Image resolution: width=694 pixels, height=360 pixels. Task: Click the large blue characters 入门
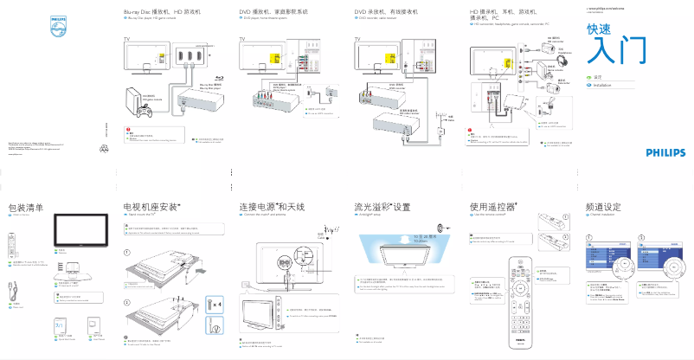(615, 51)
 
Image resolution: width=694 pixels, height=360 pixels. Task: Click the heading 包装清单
(26, 208)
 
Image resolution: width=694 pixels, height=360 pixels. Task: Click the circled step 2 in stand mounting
(127, 302)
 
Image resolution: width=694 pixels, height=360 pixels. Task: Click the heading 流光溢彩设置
(382, 208)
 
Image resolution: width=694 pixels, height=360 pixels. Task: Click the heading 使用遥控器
(492, 208)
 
